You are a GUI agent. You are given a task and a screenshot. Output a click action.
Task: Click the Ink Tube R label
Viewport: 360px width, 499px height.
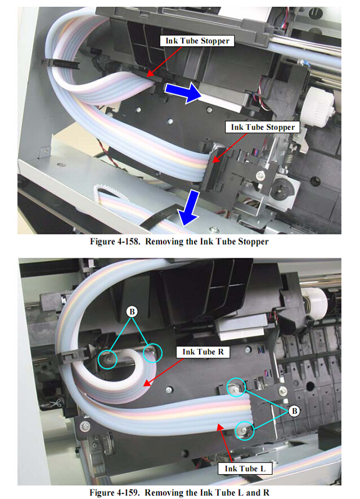[203, 352]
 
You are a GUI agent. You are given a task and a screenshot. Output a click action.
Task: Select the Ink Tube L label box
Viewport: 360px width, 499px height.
[245, 469]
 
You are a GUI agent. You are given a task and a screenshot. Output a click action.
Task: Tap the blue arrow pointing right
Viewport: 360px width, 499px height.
[183, 92]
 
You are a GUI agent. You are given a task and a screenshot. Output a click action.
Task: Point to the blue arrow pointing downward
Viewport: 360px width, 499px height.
[190, 208]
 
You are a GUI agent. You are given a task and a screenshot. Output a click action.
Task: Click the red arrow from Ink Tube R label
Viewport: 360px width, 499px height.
[164, 372]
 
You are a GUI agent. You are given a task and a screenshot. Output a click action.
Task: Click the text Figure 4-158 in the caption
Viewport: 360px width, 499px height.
[115, 241]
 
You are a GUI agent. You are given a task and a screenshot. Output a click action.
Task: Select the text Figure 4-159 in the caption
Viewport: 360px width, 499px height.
[114, 493]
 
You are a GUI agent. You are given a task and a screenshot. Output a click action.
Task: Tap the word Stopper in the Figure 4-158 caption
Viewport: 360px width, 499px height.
[253, 242]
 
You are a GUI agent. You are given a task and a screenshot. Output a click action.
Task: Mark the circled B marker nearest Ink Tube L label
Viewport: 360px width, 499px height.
[294, 411]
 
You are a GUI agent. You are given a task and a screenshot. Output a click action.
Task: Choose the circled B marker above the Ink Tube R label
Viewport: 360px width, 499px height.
[132, 311]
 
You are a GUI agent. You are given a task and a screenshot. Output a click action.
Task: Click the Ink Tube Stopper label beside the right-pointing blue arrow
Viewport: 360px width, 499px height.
[197, 41]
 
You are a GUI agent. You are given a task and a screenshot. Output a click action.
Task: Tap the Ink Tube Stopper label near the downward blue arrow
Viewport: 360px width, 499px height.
[263, 127]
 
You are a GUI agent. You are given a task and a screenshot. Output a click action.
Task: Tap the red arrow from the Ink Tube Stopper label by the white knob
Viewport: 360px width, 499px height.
[229, 148]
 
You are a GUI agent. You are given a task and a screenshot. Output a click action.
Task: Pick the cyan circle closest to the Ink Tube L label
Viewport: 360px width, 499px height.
[245, 431]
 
